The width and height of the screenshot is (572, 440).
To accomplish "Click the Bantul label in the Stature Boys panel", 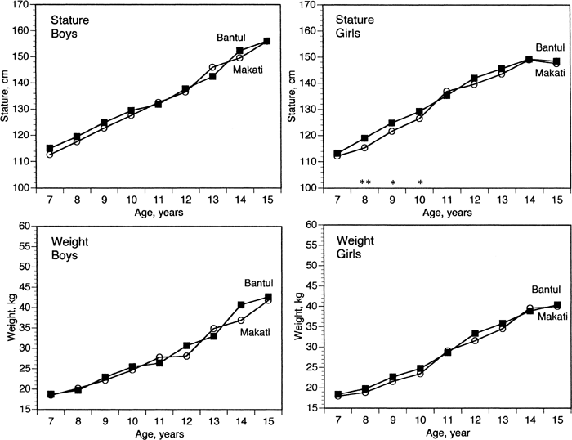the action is [x=231, y=38].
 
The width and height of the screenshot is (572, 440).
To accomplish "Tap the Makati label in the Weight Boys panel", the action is [x=255, y=332].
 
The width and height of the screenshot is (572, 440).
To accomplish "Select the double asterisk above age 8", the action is [x=365, y=182].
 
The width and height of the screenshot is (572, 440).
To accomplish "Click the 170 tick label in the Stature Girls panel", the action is [x=307, y=5].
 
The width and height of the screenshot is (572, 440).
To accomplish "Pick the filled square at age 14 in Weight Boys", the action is [x=241, y=304].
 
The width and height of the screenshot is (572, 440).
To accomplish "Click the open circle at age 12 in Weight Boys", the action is [x=186, y=356].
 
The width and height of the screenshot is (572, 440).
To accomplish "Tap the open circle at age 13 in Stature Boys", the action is [x=212, y=67].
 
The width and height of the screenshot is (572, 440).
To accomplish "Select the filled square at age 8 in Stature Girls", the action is [x=364, y=138].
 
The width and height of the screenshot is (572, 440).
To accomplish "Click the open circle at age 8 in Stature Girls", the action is [x=364, y=148].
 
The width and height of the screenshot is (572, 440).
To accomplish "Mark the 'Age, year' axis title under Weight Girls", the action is [x=448, y=433].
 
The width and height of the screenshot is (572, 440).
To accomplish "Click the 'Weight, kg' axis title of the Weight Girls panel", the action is [x=299, y=316].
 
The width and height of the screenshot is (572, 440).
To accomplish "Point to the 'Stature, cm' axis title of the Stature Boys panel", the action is [x=5, y=96].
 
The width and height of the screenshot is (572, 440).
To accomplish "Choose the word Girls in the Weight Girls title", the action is [x=348, y=254].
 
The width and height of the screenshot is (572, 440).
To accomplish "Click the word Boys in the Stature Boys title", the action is [x=65, y=34].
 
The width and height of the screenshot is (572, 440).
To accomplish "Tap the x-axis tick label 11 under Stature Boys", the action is [x=159, y=200].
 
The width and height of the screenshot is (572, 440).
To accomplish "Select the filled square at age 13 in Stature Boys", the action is [x=212, y=77].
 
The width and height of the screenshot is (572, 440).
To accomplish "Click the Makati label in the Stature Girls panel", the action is [x=550, y=73].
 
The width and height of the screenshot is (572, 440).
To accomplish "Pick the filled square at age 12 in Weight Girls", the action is [x=475, y=334].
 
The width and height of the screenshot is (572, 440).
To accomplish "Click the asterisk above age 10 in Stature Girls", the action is [x=420, y=182].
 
